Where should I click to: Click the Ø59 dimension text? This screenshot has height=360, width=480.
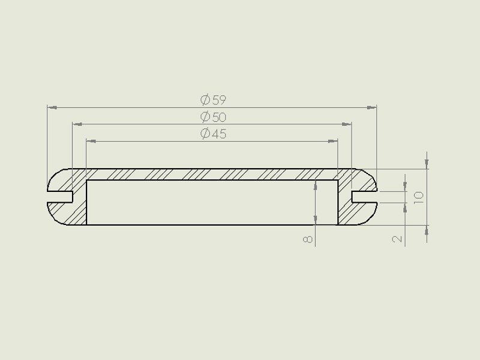click(x=213, y=100)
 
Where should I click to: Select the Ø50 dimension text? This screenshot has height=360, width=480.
click(x=213, y=117)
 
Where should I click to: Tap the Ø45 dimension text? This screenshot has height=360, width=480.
click(x=213, y=134)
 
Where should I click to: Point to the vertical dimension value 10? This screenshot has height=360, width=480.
click(x=418, y=198)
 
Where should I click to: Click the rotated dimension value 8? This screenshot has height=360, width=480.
click(x=308, y=239)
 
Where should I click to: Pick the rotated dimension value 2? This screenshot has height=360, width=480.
click(x=397, y=239)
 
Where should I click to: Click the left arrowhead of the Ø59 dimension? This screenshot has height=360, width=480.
click(x=52, y=107)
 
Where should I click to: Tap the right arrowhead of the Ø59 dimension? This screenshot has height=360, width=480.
click(x=371, y=107)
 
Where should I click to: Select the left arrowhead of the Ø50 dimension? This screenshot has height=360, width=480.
click(x=77, y=124)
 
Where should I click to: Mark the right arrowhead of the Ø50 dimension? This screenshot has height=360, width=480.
click(x=347, y=124)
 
